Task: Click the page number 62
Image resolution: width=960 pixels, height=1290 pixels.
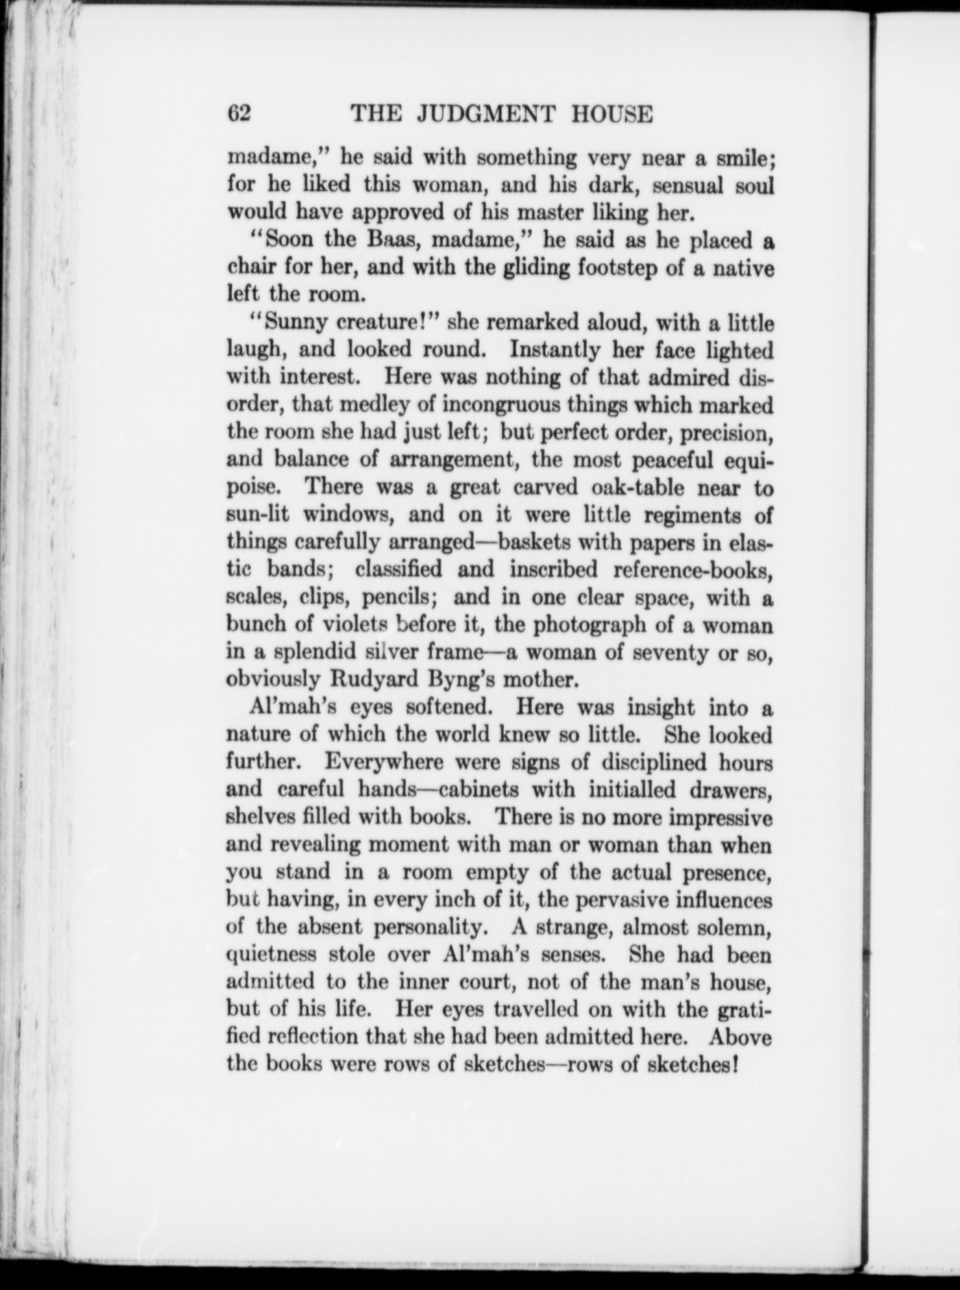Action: [239, 114]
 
